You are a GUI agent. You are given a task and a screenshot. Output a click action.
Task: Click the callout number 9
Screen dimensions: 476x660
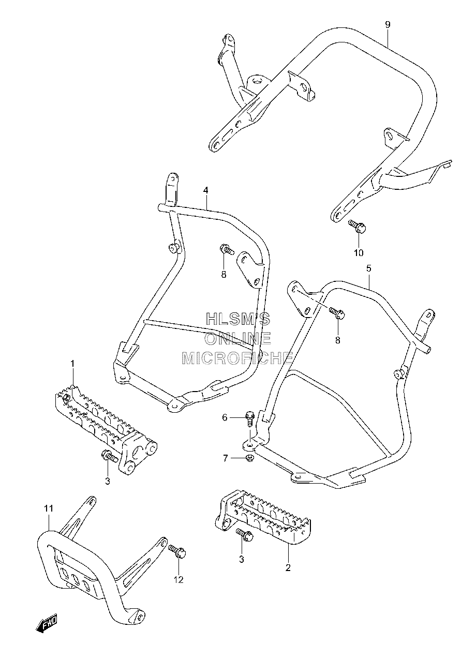[x=388, y=25]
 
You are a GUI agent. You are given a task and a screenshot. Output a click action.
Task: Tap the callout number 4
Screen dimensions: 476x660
[x=205, y=190]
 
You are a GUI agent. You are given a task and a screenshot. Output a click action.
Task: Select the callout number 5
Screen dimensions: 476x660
[x=369, y=269]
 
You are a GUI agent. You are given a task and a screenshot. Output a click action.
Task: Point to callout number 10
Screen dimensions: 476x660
[x=359, y=253]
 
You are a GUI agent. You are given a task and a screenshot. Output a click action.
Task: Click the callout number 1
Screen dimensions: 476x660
[x=72, y=364]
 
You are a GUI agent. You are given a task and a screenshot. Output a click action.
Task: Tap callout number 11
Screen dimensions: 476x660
[x=49, y=508]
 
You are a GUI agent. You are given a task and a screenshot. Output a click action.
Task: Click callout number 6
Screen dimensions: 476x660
[x=225, y=417]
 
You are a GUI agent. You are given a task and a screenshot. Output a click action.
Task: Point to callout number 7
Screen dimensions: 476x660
[x=226, y=458]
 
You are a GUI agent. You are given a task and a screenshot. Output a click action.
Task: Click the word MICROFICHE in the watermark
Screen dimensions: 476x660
[x=237, y=358]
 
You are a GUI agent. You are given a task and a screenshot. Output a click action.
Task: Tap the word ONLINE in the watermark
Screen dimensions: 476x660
[x=238, y=339]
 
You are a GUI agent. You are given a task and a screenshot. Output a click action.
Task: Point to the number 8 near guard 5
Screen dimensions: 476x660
[x=337, y=340]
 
